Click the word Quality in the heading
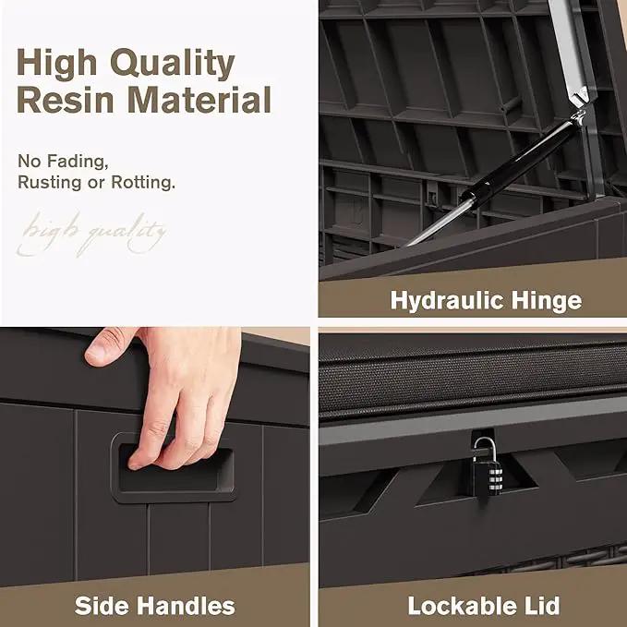tap(173, 64)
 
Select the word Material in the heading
tap(199, 100)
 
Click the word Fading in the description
tap(78, 162)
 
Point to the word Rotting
tap(143, 182)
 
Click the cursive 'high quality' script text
tap(91, 234)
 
